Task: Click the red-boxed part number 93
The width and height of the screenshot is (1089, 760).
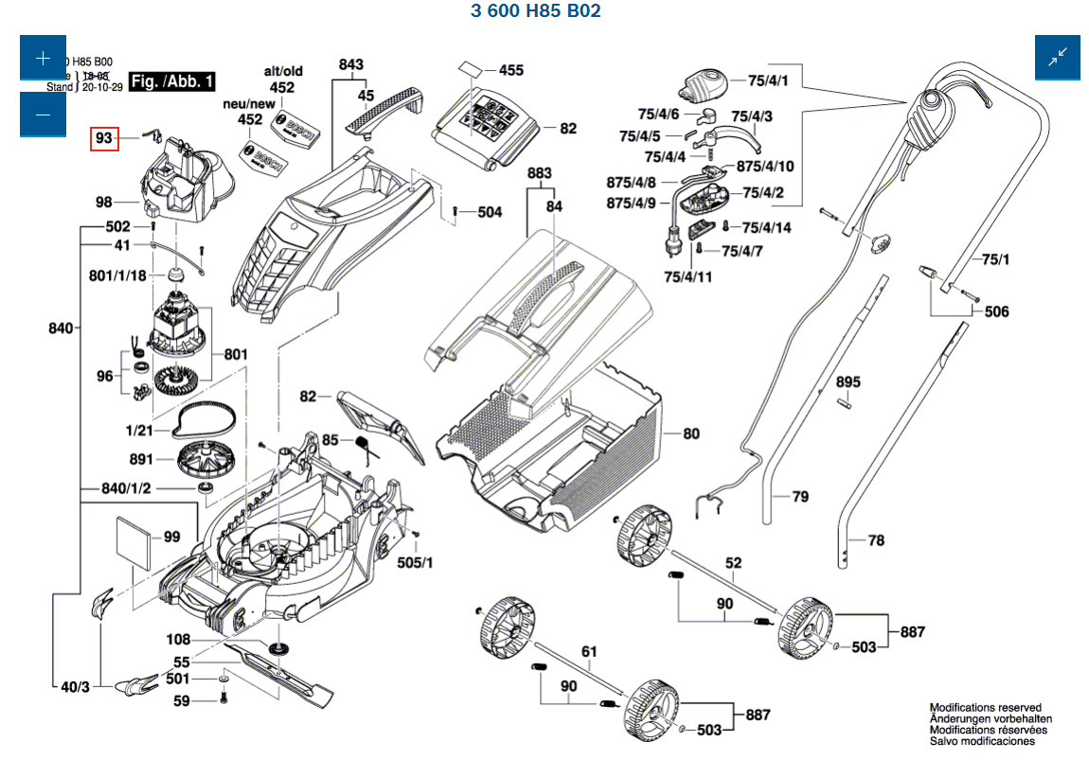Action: click(103, 139)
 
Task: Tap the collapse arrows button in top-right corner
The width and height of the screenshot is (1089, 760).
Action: click(1057, 58)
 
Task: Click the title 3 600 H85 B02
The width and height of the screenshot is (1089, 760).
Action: click(535, 11)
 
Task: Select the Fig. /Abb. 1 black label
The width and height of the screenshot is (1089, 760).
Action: click(172, 81)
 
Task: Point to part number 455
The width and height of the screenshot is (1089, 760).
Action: click(510, 70)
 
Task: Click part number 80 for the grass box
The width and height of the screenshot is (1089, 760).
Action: click(691, 433)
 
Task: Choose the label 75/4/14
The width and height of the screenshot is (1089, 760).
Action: click(766, 228)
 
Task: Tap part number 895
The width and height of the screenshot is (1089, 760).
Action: click(848, 382)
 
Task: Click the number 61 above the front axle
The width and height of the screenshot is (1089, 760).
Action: click(589, 651)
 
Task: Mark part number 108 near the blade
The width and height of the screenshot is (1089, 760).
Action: click(178, 640)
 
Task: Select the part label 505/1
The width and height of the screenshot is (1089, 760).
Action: click(415, 562)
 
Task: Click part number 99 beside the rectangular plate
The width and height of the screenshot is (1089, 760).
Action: click(171, 537)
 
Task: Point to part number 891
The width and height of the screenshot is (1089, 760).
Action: click(141, 460)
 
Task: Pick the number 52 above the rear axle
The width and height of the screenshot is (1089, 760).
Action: click(734, 562)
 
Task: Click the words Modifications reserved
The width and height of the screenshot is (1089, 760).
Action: click(985, 707)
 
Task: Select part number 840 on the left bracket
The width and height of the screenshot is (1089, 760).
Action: click(61, 328)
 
